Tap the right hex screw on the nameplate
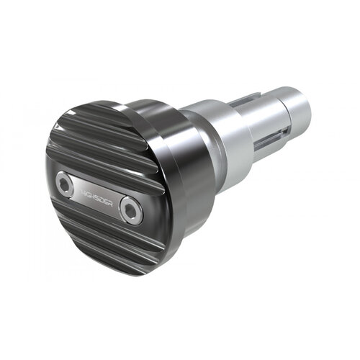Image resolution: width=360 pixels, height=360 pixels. (x=130, y=210)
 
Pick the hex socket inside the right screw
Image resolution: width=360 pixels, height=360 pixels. (x=130, y=210)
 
